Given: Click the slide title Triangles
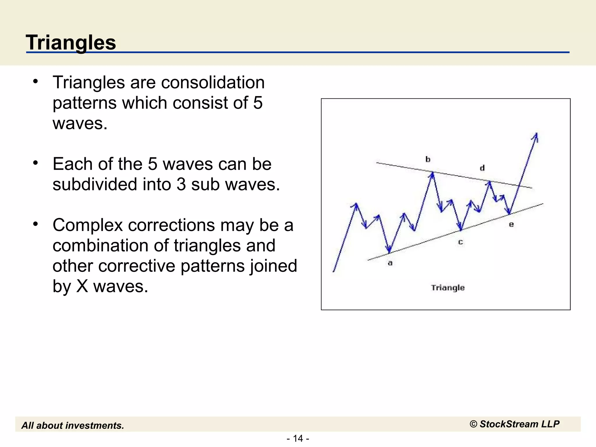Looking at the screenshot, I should point(71,42).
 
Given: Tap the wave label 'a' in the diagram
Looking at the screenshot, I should point(390,263).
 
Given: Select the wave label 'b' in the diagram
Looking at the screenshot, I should point(428,159).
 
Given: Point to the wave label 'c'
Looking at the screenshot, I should point(460,242).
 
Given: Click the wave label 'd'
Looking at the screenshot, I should point(482,168).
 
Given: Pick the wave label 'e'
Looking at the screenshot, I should point(511,224).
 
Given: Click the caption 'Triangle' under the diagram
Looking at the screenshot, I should point(448,288).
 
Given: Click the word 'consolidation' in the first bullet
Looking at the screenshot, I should point(213,82).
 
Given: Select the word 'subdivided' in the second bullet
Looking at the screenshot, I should point(95,185).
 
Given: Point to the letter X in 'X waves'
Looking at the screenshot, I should point(82,286).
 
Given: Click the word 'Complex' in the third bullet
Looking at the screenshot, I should point(88,225).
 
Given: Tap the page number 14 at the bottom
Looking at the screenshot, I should point(298,438).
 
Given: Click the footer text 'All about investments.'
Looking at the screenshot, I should point(73,425).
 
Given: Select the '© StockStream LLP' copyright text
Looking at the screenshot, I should point(515,424).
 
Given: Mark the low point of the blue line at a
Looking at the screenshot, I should point(389,252).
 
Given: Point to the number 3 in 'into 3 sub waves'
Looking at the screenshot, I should point(181,185).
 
